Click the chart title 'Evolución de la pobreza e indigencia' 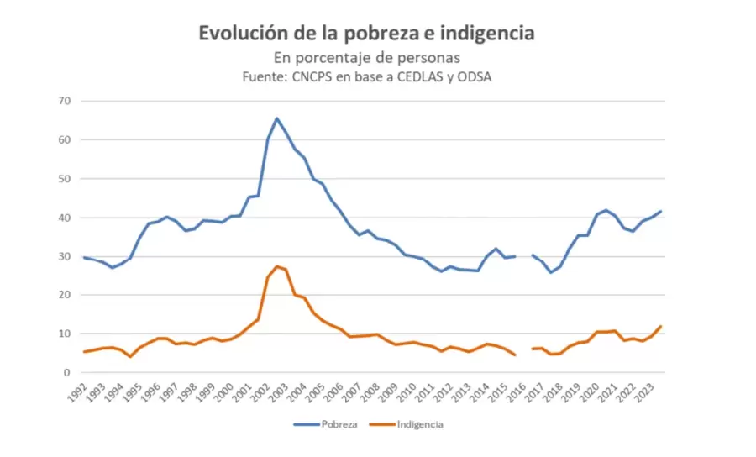tap(366, 34)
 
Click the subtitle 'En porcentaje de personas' tap(366, 58)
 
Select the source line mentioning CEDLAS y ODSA tap(366, 77)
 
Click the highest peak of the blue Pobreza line tap(277, 118)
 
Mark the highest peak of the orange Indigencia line tap(277, 266)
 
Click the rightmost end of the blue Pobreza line tap(660, 211)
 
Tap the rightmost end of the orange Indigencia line tap(660, 326)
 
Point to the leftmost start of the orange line tap(84, 352)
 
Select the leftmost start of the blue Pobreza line tap(84, 257)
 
